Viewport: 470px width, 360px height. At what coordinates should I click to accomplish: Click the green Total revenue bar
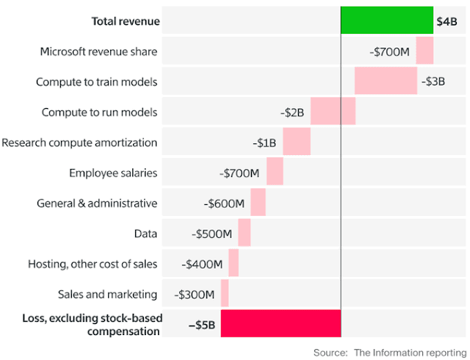pos(387,21)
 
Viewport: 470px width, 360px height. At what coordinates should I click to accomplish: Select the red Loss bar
pos(281,324)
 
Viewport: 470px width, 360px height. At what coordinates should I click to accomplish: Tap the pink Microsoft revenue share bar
pos(424,51)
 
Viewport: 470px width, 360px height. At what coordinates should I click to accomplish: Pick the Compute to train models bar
pos(386,81)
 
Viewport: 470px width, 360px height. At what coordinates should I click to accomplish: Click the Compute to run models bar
pos(333,112)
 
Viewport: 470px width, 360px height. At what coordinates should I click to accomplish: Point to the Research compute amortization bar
pos(297,142)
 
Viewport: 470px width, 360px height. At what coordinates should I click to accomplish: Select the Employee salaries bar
pos(275,172)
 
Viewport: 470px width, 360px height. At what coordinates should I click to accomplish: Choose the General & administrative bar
pos(258,202)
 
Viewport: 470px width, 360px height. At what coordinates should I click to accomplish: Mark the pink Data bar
pos(245,233)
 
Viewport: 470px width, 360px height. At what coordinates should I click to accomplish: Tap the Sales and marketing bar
pos(225,293)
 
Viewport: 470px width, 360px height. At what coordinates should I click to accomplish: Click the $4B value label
pos(446,21)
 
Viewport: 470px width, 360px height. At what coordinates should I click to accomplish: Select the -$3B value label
pos(434,82)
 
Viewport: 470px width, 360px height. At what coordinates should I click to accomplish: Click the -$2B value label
pos(292,112)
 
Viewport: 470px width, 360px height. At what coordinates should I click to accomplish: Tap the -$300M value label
pos(195,294)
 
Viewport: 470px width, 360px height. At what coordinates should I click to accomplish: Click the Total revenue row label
pos(125,21)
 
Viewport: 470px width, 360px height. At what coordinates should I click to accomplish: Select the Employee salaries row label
pos(113,173)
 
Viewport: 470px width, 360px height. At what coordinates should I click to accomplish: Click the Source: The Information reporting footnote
pos(389,352)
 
